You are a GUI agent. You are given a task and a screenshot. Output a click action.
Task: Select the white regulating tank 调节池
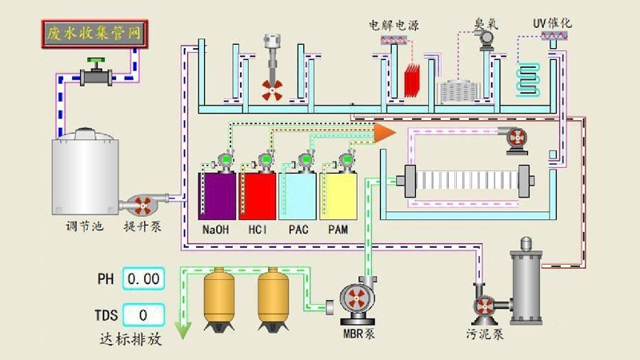coord(86,174)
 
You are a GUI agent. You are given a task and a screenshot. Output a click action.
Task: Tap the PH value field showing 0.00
coord(143,279)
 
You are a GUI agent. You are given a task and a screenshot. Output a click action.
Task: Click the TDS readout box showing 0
coord(143,314)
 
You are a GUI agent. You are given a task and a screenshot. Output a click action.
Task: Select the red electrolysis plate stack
coord(413,81)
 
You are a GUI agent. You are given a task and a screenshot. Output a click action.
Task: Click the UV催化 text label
coord(552,22)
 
